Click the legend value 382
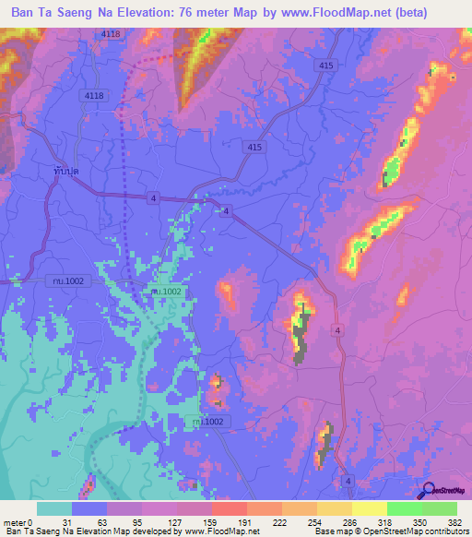pyautogui.click(x=455, y=523)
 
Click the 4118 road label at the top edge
pyautogui.click(x=111, y=34)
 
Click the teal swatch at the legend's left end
pyautogui.click(x=54, y=508)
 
